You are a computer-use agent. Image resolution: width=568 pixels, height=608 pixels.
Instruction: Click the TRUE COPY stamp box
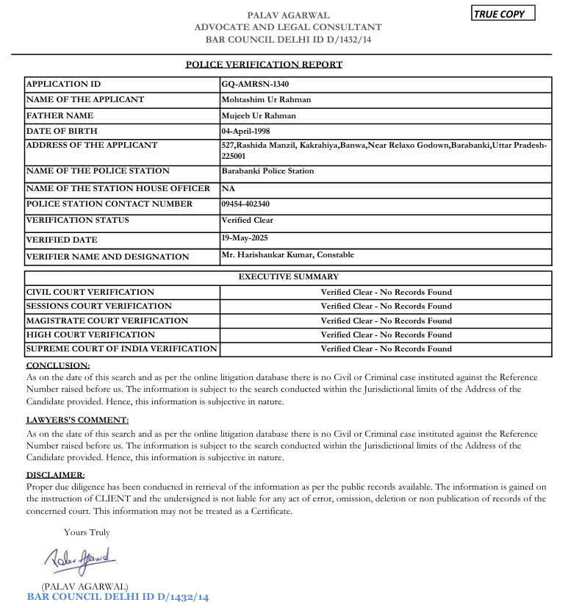click(x=503, y=13)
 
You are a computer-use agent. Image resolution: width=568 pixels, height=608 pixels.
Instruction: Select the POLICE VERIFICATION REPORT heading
click(x=264, y=65)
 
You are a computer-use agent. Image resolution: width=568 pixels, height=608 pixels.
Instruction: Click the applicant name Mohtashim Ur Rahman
click(x=266, y=99)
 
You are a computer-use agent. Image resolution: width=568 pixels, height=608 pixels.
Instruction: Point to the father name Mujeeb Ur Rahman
click(x=259, y=115)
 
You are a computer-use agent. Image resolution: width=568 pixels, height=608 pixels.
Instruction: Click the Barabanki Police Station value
click(x=267, y=171)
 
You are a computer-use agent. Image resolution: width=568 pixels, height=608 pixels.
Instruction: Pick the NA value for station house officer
click(x=228, y=189)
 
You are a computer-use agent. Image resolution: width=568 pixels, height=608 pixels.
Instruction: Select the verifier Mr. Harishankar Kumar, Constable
click(x=287, y=254)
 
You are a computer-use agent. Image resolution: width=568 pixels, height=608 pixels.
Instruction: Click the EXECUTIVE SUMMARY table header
click(x=289, y=277)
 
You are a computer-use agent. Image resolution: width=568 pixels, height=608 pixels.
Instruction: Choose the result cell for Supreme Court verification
click(x=386, y=348)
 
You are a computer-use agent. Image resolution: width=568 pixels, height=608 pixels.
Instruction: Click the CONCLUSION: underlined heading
click(x=58, y=365)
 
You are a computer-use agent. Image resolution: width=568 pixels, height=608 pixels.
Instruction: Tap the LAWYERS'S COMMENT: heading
click(x=77, y=420)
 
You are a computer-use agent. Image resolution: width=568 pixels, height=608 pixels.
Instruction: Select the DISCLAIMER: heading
click(x=55, y=475)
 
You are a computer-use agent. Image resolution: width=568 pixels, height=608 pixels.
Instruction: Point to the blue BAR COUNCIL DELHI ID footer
click(x=118, y=597)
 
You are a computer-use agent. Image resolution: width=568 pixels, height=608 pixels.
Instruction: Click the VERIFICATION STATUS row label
click(x=78, y=220)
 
